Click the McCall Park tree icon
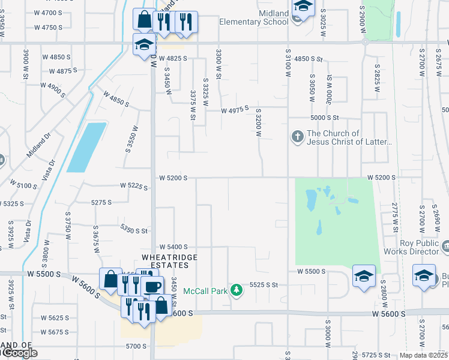[237, 290]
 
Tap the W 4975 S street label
[235, 111]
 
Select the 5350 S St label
[134, 230]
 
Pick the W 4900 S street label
[53, 86]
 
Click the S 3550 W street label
[129, 139]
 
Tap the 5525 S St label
[264, 285]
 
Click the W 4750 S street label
[48, 28]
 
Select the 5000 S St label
[325, 118]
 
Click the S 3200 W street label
[259, 123]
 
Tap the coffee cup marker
[152, 286]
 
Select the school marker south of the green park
[364, 276]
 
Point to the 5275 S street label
[101, 203]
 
